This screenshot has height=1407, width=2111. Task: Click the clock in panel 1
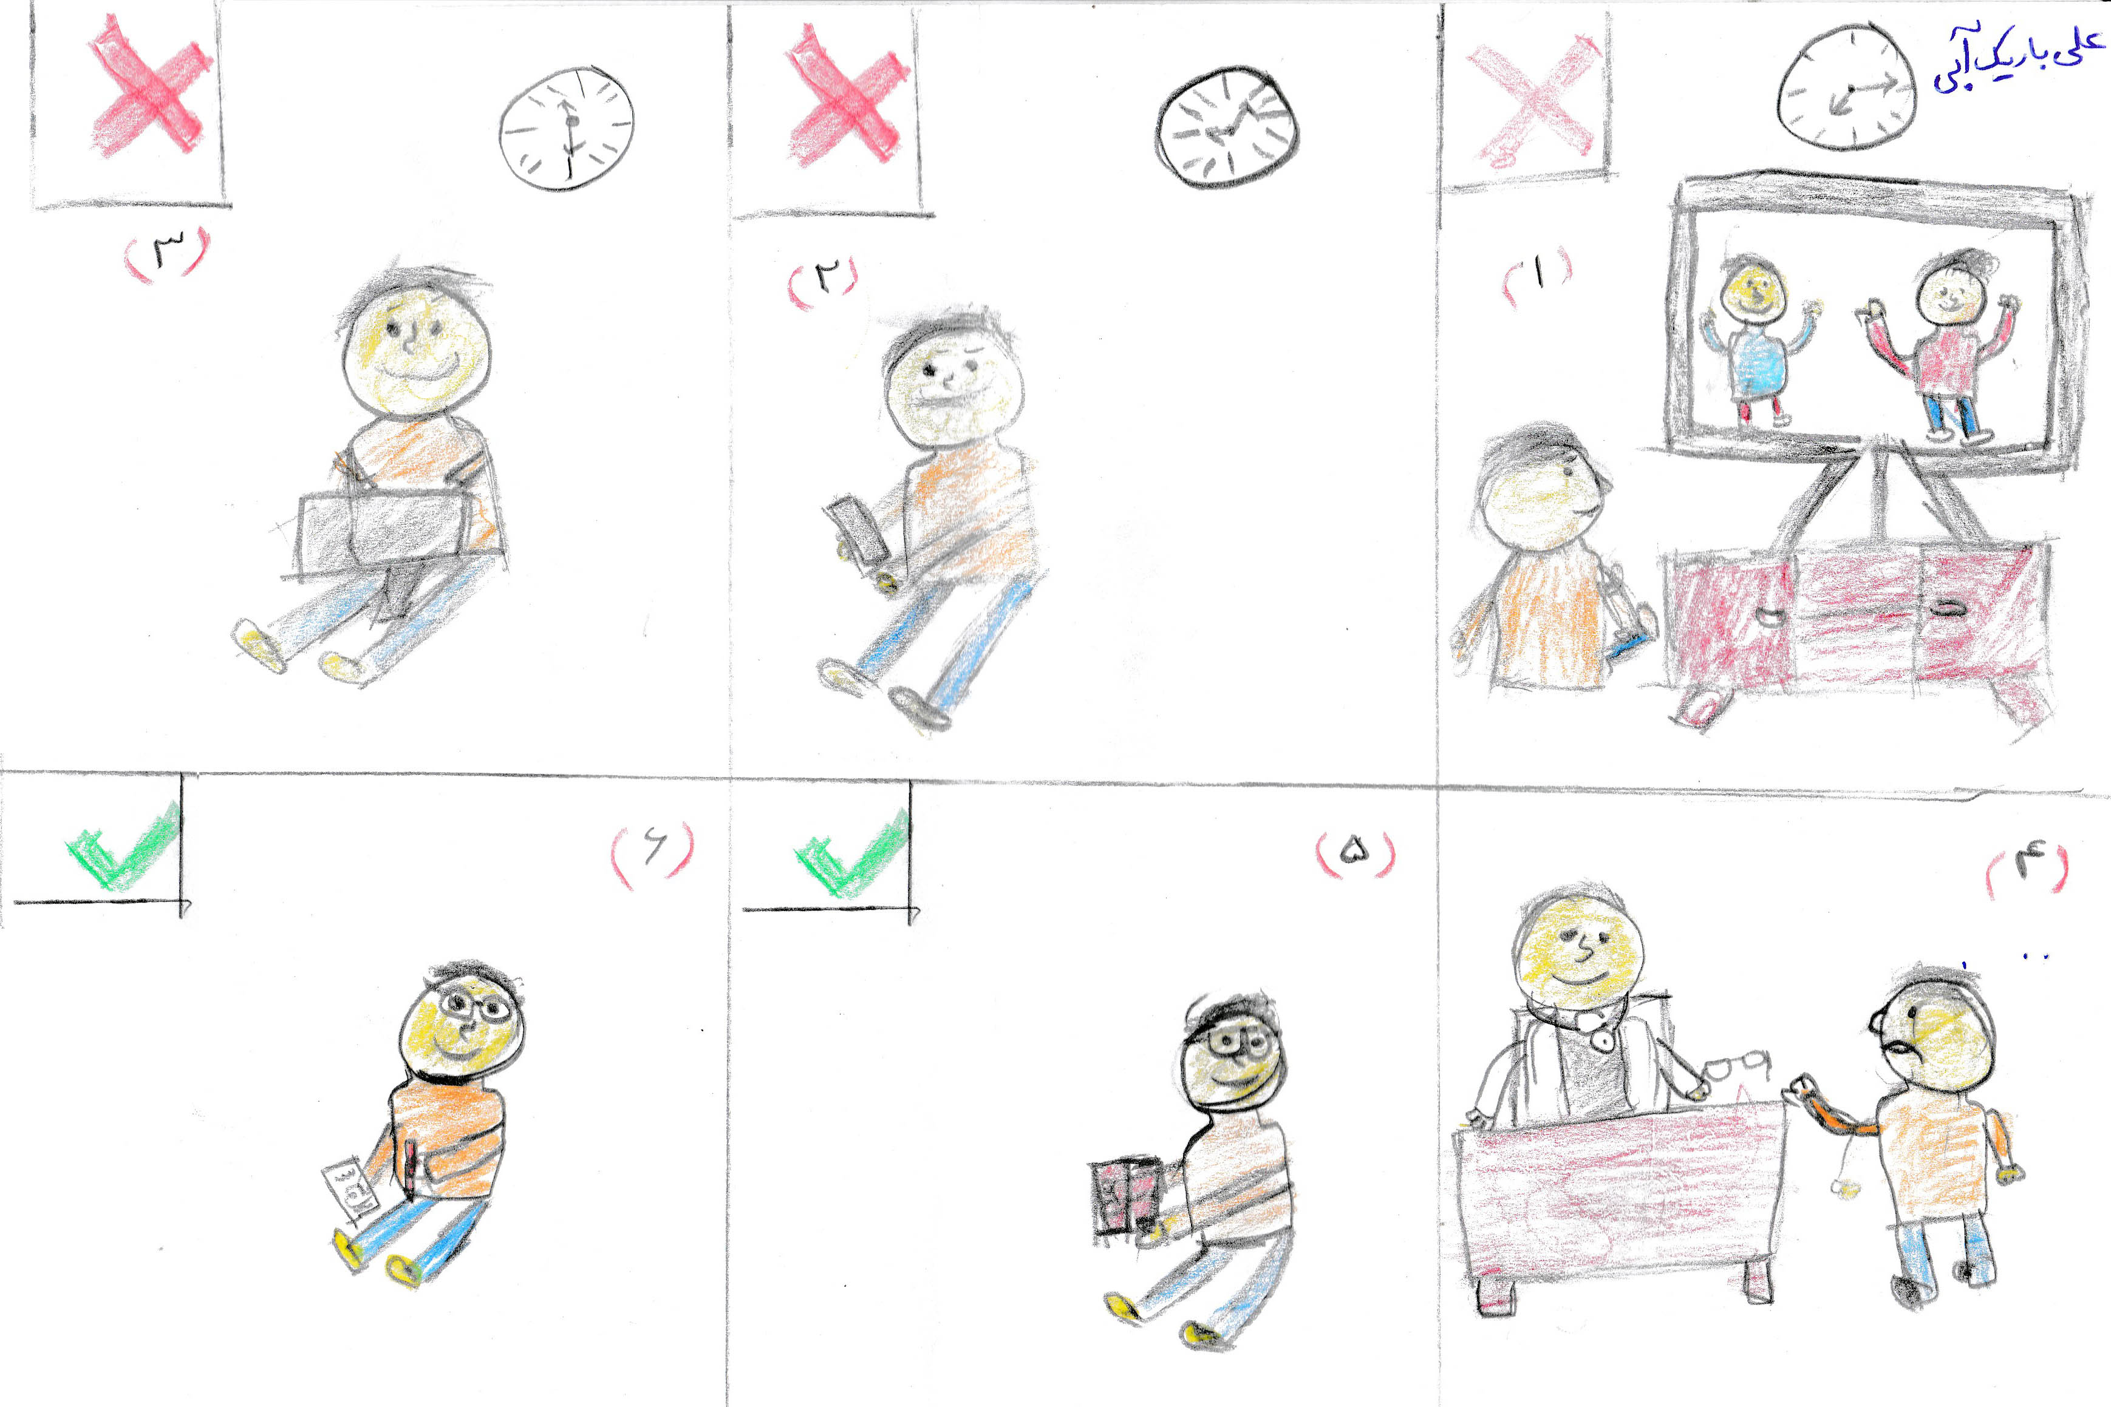pyautogui.click(x=1846, y=87)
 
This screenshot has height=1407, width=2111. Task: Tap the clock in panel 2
pyautogui.click(x=1227, y=126)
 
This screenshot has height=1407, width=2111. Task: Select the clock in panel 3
pyautogui.click(x=567, y=128)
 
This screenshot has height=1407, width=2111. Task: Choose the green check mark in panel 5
pyautogui.click(x=851, y=853)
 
